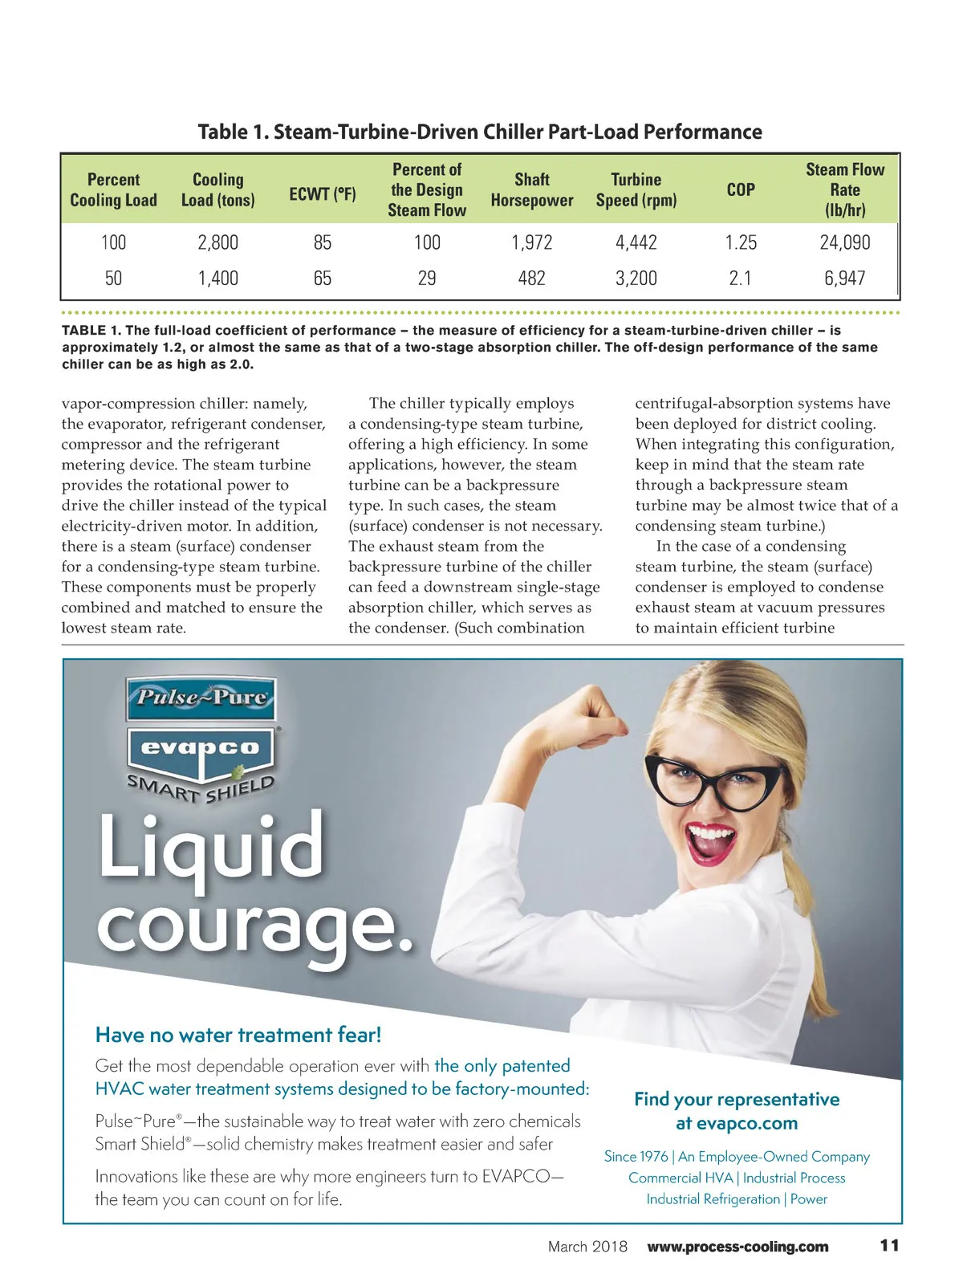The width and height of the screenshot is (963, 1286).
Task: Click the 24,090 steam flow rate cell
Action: (x=844, y=242)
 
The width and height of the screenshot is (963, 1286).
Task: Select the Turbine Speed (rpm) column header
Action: (x=636, y=190)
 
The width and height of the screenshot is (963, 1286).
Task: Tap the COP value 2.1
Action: (x=740, y=279)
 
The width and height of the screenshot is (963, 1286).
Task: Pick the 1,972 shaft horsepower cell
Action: (x=531, y=242)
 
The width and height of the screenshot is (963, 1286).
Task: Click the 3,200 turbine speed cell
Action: (x=636, y=279)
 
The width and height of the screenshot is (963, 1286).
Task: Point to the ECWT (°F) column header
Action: (x=323, y=194)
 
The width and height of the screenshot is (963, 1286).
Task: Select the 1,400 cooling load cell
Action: (x=218, y=279)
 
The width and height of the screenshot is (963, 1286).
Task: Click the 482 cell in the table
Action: (x=531, y=279)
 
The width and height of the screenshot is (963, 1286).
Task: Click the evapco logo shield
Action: (x=201, y=751)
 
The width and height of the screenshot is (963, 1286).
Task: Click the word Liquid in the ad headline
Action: (x=211, y=847)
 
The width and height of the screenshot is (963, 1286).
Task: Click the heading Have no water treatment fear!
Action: (x=238, y=1035)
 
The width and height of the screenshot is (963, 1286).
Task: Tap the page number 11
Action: (x=889, y=1246)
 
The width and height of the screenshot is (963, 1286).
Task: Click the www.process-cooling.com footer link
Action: (x=737, y=1247)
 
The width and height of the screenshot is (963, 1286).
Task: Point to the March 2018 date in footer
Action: (x=587, y=1247)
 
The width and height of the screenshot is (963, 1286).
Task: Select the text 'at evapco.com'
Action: (x=737, y=1123)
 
